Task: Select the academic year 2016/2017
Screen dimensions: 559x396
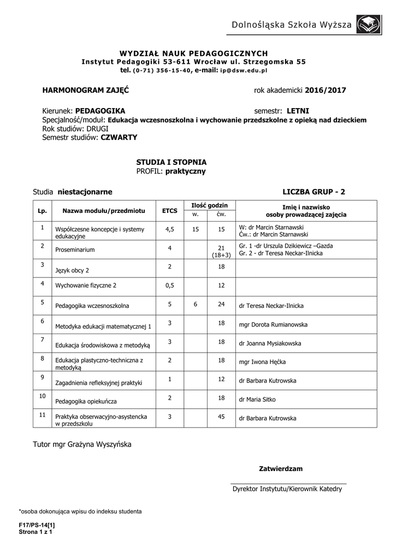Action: point(326,90)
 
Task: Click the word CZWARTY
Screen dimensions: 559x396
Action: point(119,138)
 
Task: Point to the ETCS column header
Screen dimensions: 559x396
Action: point(170,210)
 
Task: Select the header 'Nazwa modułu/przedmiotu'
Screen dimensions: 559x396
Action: point(103,210)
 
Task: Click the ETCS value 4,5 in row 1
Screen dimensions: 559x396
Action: point(170,230)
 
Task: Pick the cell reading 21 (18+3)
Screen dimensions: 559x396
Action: point(221,251)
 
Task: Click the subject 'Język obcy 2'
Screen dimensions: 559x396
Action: point(72,270)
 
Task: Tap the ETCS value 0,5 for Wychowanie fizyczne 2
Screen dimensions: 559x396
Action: point(170,285)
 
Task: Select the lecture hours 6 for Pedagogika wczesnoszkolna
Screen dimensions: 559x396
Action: point(195,304)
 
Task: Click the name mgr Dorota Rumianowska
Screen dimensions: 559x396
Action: point(273,325)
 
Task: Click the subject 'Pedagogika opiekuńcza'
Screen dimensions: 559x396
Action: point(86,401)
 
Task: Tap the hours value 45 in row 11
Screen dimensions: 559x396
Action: point(221,417)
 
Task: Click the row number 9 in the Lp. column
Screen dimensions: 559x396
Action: point(42,377)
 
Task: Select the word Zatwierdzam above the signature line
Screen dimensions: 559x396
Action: point(280,469)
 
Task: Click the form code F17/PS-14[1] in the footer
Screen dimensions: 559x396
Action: point(37,525)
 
